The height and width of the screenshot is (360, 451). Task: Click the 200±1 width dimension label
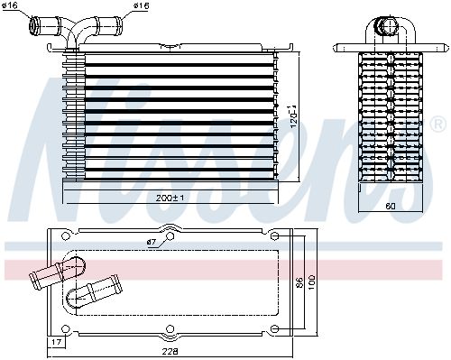pyautogui.click(x=170, y=198)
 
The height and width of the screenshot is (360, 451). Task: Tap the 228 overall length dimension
pyautogui.click(x=170, y=351)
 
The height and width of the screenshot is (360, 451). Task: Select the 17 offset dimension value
pyautogui.click(x=57, y=342)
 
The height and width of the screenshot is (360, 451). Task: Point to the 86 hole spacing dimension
pyautogui.click(x=299, y=282)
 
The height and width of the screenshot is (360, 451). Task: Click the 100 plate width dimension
pyautogui.click(x=311, y=282)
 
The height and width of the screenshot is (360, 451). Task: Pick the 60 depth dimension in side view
pyautogui.click(x=391, y=206)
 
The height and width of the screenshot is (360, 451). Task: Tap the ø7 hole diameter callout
pyautogui.click(x=152, y=242)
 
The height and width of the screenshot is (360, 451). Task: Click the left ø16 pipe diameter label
pyautogui.click(x=10, y=5)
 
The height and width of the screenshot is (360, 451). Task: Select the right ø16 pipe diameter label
pyautogui.click(x=141, y=5)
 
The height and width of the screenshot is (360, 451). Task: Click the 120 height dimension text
pyautogui.click(x=293, y=117)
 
